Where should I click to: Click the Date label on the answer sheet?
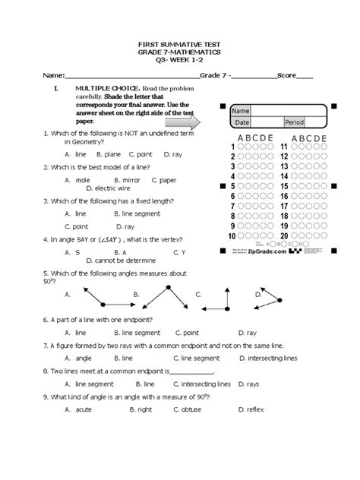pyautogui.click(x=242, y=122)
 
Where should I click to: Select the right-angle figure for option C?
pyautogui.click(x=226, y=302)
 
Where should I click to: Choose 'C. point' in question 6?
pyautogui.click(x=187, y=333)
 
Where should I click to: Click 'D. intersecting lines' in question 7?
pyautogui.click(x=265, y=358)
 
